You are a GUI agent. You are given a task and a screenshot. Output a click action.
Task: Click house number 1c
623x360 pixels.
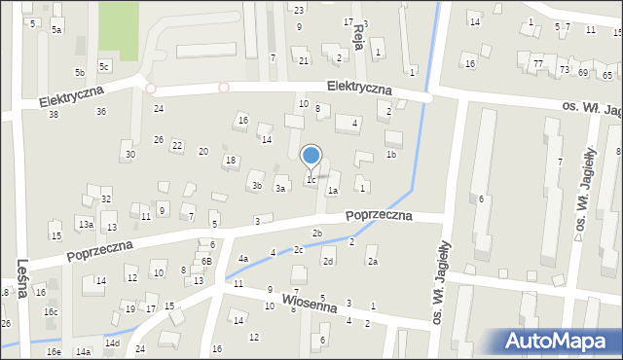(311, 179)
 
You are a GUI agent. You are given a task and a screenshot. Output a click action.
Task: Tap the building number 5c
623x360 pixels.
(103, 65)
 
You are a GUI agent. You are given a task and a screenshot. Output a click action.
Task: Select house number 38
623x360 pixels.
(53, 115)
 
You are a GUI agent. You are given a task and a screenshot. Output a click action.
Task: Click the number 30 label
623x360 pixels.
(129, 155)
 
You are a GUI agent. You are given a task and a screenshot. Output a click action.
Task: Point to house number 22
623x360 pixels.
(176, 146)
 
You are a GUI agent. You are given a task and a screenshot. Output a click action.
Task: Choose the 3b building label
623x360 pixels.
(256, 185)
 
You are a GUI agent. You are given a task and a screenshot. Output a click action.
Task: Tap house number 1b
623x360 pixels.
(390, 154)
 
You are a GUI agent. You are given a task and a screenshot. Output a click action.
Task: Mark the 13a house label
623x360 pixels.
(86, 224)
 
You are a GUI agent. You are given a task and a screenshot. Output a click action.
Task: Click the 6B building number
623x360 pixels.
(206, 262)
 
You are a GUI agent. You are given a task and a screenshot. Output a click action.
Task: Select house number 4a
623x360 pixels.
(244, 258)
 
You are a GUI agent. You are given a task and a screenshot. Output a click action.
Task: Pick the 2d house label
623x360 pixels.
(329, 262)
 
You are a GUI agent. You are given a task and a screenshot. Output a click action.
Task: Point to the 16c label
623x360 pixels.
(51, 311)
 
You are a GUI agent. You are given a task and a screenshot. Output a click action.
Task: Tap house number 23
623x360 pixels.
(298, 10)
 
